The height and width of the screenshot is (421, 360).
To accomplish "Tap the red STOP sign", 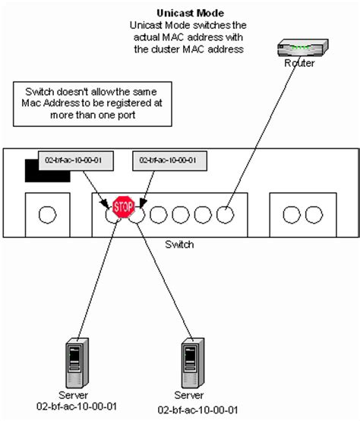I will tap(123, 206).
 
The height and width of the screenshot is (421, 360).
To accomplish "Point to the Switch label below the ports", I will tap(180, 245).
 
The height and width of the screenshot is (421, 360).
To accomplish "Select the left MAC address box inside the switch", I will tap(69, 160).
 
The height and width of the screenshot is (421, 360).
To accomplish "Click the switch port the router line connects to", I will tap(225, 214).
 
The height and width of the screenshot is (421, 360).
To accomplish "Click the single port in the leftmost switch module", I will tap(47, 214).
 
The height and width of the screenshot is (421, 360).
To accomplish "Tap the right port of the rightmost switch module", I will tap(311, 214).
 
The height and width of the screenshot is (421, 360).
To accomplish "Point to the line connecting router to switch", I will tap(260, 137).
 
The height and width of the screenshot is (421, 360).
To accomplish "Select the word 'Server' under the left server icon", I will tap(74, 395).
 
